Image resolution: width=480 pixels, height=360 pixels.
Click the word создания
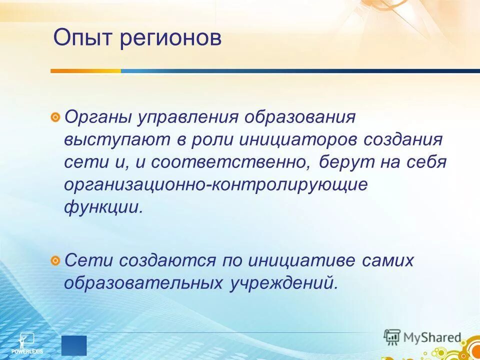point(403,140)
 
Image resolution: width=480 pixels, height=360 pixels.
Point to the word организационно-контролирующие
point(215,184)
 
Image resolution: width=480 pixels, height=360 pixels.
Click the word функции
point(103,206)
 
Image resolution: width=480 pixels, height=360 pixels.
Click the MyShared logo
point(422,337)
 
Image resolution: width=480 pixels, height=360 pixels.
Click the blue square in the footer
point(74,345)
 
